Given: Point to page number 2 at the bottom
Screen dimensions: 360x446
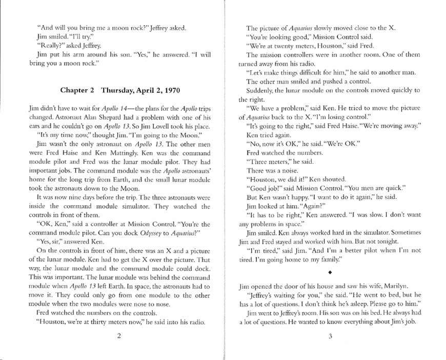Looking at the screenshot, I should tap(118, 336).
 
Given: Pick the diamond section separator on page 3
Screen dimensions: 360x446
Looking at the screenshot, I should tap(330, 273).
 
